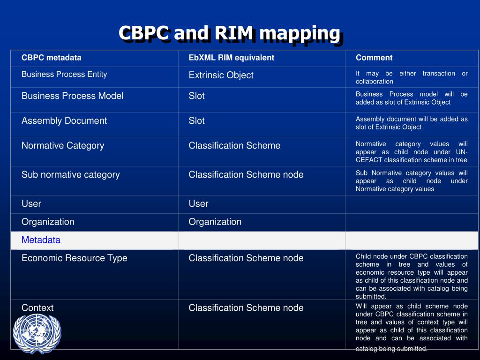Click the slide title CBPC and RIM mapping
pyautogui.click(x=229, y=33)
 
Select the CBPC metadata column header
pyautogui.click(x=51, y=58)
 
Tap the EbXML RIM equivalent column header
pyautogui.click(x=231, y=58)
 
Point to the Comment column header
pyautogui.click(x=374, y=58)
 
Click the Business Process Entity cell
pyautogui.click(x=64, y=74)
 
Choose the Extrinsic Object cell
pyautogui.click(x=221, y=75)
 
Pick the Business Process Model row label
pyautogui.click(x=72, y=96)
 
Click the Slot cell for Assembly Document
pyautogui.click(x=196, y=120)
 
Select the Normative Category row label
pyautogui.click(x=63, y=145)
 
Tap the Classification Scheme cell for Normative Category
pyautogui.click(x=234, y=145)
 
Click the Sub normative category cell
pyautogui.click(x=70, y=174)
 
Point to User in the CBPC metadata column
pyautogui.click(x=31, y=203)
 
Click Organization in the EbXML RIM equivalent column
pyautogui.click(x=215, y=222)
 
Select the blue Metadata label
pyautogui.click(x=41, y=240)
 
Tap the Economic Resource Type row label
pyautogui.click(x=74, y=258)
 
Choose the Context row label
pyautogui.click(x=37, y=307)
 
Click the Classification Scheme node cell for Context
pyautogui.click(x=246, y=307)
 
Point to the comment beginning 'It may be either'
pyautogui.click(x=411, y=77)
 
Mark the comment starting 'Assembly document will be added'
pyautogui.click(x=411, y=123)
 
